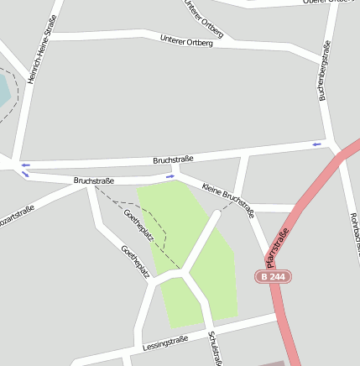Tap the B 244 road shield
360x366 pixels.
(274, 276)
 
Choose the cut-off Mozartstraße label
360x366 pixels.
(15, 216)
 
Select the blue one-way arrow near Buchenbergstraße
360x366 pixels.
(316, 144)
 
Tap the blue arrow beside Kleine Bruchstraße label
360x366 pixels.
(170, 176)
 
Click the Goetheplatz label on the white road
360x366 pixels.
(134, 261)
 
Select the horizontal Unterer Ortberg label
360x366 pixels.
(185, 39)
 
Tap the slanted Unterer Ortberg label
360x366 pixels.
(204, 18)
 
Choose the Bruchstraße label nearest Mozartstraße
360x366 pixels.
(93, 180)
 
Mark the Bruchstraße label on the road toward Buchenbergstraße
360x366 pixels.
(174, 159)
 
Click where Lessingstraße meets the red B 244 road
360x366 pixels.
(278, 317)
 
